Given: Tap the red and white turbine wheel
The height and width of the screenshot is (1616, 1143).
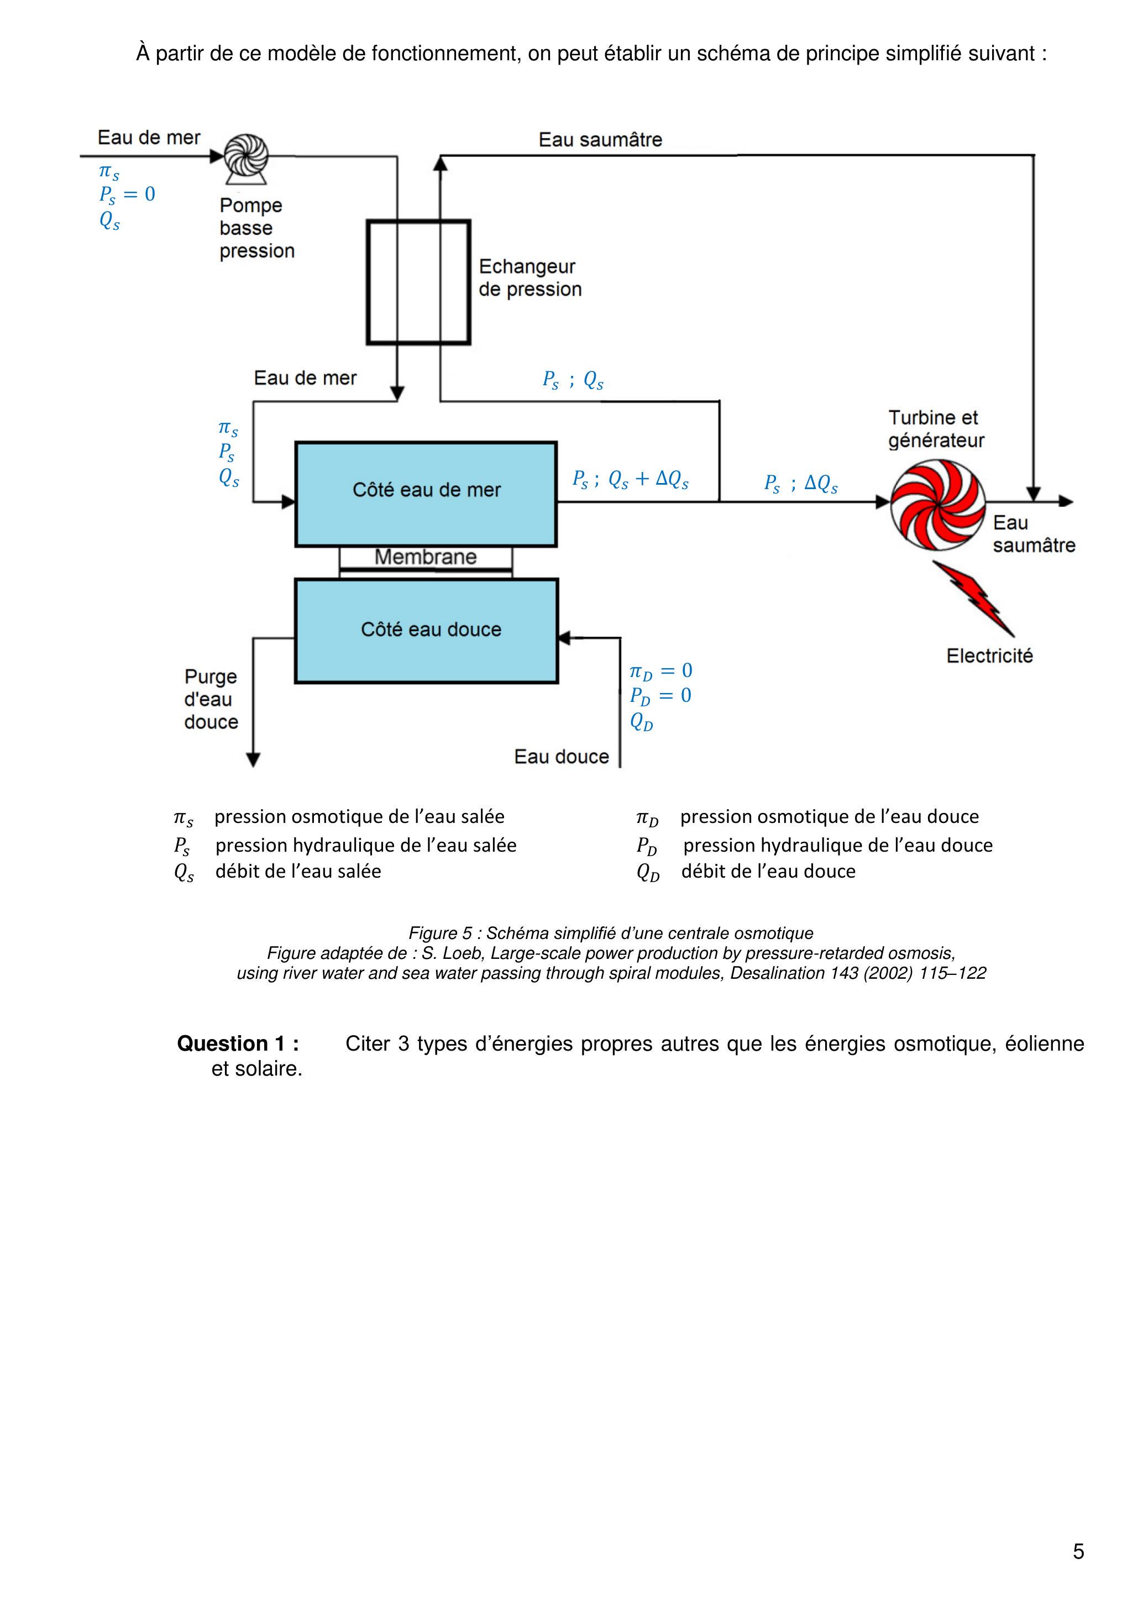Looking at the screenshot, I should tap(938, 505).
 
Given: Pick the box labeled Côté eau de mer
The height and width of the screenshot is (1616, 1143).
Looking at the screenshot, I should tap(426, 494).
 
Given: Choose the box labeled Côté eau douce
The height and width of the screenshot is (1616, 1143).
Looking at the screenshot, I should tap(426, 631).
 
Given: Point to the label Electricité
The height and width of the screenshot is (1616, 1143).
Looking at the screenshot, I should tap(989, 656).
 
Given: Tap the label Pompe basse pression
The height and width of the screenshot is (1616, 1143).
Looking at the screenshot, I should tap(256, 228).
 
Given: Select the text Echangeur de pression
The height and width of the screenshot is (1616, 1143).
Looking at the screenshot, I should tap(529, 278).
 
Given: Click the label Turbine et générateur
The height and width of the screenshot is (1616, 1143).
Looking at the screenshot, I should tap(935, 429).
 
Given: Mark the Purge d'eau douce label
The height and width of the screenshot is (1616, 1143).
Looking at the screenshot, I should tap(211, 699).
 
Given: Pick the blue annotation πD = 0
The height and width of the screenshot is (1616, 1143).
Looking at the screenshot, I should tap(660, 671).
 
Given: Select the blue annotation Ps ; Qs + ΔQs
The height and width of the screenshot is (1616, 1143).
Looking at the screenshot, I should tap(630, 480).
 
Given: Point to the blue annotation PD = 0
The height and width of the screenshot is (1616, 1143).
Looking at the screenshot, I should tap(660, 696).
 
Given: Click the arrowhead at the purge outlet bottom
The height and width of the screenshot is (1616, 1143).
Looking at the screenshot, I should tap(253, 759).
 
